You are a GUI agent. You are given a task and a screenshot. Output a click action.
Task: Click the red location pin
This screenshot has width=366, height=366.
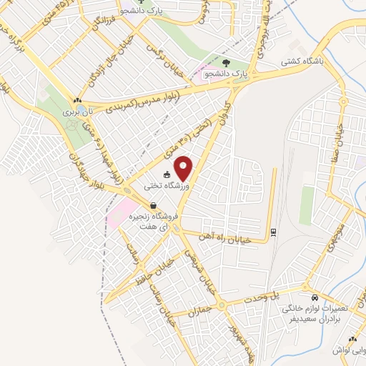point(184,168)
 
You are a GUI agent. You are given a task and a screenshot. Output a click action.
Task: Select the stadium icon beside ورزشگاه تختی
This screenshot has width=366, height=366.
point(167,174)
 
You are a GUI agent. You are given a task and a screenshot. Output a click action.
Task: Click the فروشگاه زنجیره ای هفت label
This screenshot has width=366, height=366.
point(154,221)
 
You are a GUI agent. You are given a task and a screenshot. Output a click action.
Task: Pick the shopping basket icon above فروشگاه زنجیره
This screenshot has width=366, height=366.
point(153,206)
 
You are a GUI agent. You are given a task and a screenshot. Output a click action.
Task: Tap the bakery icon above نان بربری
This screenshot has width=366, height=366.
point(76,100)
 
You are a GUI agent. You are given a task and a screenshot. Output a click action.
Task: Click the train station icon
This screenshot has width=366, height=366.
point(273,232)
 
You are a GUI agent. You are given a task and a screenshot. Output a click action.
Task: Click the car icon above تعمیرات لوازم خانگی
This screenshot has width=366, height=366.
point(314,296)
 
